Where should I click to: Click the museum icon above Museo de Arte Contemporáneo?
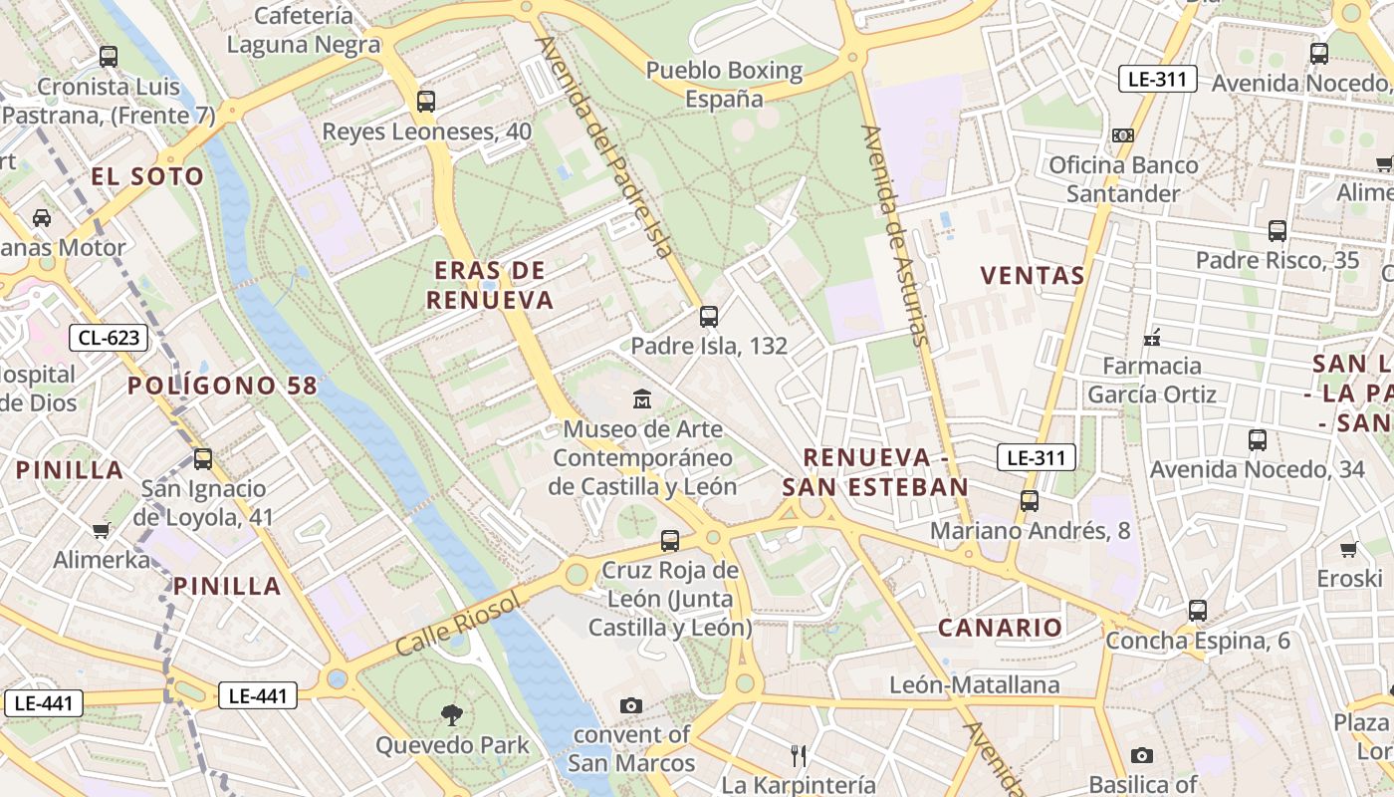(643, 399)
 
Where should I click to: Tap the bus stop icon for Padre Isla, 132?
(709, 317)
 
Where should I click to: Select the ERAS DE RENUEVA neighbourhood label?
(490, 286)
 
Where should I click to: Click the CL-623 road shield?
(109, 338)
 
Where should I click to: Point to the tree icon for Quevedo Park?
(452, 714)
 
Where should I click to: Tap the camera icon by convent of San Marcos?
(630, 705)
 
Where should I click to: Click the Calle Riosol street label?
(458, 624)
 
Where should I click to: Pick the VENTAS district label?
(1033, 276)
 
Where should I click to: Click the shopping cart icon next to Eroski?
(1349, 549)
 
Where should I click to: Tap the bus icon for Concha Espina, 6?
(1198, 610)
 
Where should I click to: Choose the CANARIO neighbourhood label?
(1001, 628)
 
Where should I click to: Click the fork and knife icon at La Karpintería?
(798, 755)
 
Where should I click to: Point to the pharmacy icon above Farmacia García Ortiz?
(1153, 337)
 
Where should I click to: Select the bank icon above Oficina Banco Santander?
(1123, 134)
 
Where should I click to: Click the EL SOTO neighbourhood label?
(147, 177)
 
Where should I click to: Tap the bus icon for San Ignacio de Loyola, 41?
(203, 459)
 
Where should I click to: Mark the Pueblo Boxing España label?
(724, 84)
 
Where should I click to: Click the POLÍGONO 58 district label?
(222, 386)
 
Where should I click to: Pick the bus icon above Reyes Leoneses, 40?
(426, 101)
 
